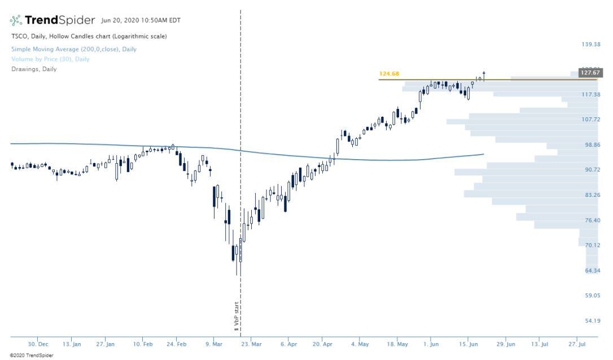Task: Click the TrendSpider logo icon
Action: [x=16, y=20]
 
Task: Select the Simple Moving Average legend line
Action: [x=74, y=49]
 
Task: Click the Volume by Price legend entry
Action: [x=50, y=59]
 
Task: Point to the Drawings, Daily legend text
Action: [x=34, y=69]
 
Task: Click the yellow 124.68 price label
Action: [x=389, y=74]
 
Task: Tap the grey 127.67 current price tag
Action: [x=589, y=73]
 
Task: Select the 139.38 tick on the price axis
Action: [x=591, y=45]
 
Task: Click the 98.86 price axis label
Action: [x=591, y=144]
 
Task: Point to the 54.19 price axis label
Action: [x=591, y=321]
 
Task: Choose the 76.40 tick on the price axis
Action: [x=591, y=220]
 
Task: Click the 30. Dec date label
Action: [x=38, y=344]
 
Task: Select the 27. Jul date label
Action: [x=577, y=344]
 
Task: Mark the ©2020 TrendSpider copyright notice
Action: [x=27, y=355]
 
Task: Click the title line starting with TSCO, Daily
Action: [x=89, y=36]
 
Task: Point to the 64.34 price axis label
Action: [x=591, y=270]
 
